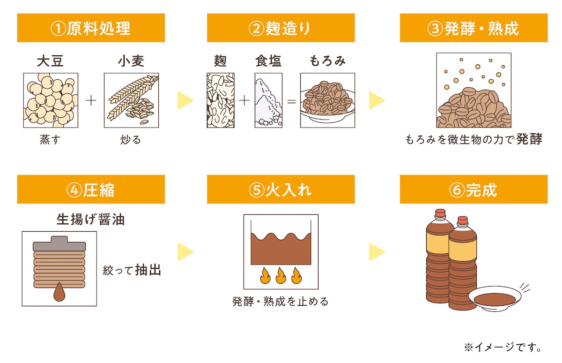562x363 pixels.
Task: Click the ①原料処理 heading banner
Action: pos(91,28)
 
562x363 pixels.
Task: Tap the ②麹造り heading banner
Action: pos(280,28)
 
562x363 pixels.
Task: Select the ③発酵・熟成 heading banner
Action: pos(473,28)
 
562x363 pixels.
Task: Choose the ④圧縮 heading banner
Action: pos(91,189)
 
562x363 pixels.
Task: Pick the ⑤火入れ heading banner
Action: pos(280,189)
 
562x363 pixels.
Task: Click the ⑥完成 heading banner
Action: pos(473,189)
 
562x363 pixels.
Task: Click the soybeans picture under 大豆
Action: pos(51,100)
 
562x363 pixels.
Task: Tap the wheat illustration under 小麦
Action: pos(131,100)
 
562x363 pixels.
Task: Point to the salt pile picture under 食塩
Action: pos(268,100)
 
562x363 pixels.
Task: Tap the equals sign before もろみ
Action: pos(291,101)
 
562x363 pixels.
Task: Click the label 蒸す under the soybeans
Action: pos(50,140)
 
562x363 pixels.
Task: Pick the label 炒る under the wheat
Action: pos(131,140)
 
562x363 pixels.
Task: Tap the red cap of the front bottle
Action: pos(463,220)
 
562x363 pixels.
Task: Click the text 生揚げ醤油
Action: pos(90,219)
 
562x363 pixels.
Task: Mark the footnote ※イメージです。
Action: pos(503,348)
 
